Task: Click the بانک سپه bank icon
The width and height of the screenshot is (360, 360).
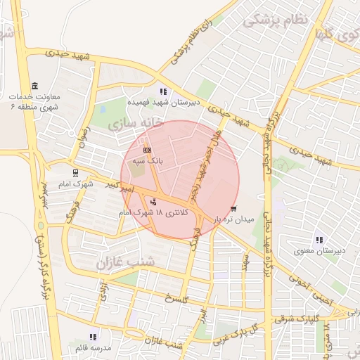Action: [147, 150]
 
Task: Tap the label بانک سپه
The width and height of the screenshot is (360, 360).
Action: [148, 160]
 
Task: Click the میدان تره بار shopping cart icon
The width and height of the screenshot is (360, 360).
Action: [233, 208]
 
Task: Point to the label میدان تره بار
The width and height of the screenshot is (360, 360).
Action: [232, 219]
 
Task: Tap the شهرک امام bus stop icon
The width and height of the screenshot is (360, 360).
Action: [75, 172]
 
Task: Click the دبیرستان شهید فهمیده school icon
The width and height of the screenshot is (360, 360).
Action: [164, 91]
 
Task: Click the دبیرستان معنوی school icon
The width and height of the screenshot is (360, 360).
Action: [320, 240]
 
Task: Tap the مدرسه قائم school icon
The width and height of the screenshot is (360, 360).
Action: [92, 337]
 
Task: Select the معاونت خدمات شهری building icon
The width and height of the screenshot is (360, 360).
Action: [34, 85]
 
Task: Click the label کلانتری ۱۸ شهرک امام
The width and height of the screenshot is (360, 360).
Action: [153, 212]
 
